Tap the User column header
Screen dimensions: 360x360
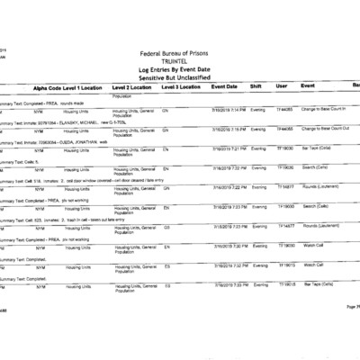coord(282,87)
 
